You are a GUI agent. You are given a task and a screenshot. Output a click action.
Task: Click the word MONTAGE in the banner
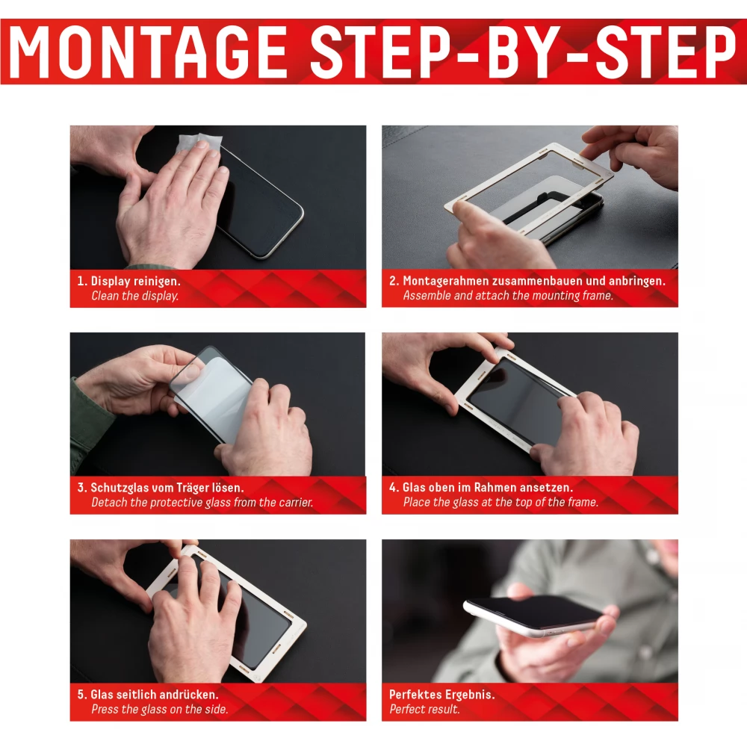(x=148, y=52)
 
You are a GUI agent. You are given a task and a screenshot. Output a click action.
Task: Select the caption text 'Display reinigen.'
(x=135, y=281)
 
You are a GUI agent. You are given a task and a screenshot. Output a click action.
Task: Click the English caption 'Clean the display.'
(x=134, y=296)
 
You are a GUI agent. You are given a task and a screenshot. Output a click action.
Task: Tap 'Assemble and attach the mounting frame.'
(x=508, y=296)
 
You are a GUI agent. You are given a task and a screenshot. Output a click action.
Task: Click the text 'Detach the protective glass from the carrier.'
(x=202, y=503)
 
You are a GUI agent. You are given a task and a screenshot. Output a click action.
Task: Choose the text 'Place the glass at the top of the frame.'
(x=500, y=502)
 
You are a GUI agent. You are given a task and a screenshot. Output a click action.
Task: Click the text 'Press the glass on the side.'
(x=160, y=710)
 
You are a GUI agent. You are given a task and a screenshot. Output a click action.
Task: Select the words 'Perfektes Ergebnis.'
(x=441, y=695)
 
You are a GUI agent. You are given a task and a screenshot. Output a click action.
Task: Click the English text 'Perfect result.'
(x=424, y=710)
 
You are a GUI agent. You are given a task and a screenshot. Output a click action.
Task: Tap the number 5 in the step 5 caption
(x=81, y=695)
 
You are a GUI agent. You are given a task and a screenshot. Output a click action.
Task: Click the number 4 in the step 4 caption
(x=393, y=487)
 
